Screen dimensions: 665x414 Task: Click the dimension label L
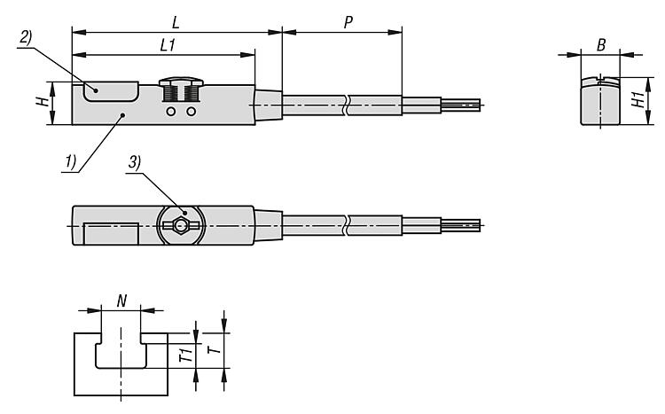(176, 22)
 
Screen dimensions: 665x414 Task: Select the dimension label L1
(168, 45)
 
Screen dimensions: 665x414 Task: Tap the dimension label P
(348, 22)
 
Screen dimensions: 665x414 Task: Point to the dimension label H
(42, 102)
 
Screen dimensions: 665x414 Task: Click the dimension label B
(601, 45)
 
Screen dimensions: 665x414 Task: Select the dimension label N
(121, 301)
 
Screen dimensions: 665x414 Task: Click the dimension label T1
(186, 353)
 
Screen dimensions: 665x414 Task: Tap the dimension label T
(215, 349)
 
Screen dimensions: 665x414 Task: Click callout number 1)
(71, 161)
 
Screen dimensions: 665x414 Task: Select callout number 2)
(26, 38)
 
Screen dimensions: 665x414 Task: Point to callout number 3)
(135, 162)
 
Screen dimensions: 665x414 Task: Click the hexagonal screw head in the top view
(181, 225)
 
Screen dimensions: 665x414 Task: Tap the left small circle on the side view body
(171, 112)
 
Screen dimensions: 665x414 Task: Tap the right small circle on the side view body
(192, 112)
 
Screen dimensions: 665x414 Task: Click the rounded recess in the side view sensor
(111, 91)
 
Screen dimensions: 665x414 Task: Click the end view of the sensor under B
(600, 101)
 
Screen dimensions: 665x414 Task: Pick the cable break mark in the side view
(347, 105)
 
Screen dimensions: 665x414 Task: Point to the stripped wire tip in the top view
(461, 225)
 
